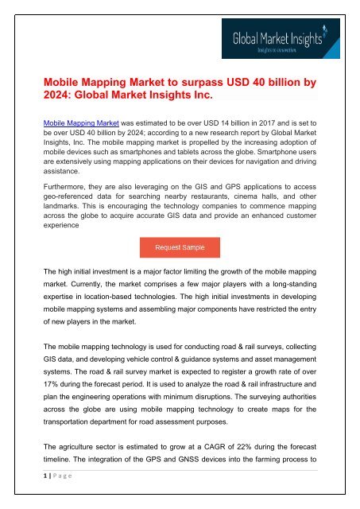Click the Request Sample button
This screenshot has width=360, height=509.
pyautogui.click(x=180, y=247)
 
